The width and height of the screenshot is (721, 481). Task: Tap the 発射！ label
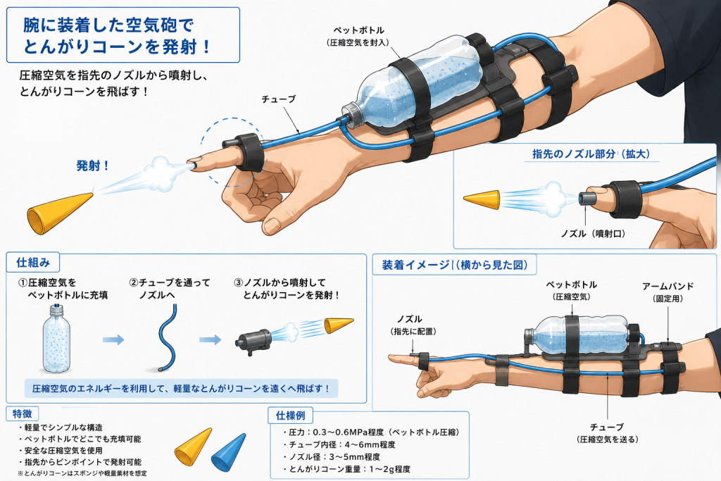[92, 165]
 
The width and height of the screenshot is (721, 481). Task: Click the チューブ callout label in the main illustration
[279, 99]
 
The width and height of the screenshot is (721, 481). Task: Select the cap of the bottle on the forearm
[353, 116]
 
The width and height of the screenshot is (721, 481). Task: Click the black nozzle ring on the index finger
[249, 151]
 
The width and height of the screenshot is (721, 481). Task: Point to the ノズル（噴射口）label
[594, 234]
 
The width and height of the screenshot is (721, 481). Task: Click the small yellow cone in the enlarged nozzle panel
[482, 199]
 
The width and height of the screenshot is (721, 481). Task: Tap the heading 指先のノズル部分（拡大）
[591, 154]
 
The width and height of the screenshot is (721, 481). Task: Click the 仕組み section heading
[33, 263]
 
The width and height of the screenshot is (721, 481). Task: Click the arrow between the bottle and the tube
[113, 340]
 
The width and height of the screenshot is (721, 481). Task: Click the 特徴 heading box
[23, 414]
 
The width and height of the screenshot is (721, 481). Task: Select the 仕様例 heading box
[291, 416]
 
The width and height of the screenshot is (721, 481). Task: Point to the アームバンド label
[668, 286]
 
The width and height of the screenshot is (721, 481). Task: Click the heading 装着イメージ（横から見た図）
[455, 265]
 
